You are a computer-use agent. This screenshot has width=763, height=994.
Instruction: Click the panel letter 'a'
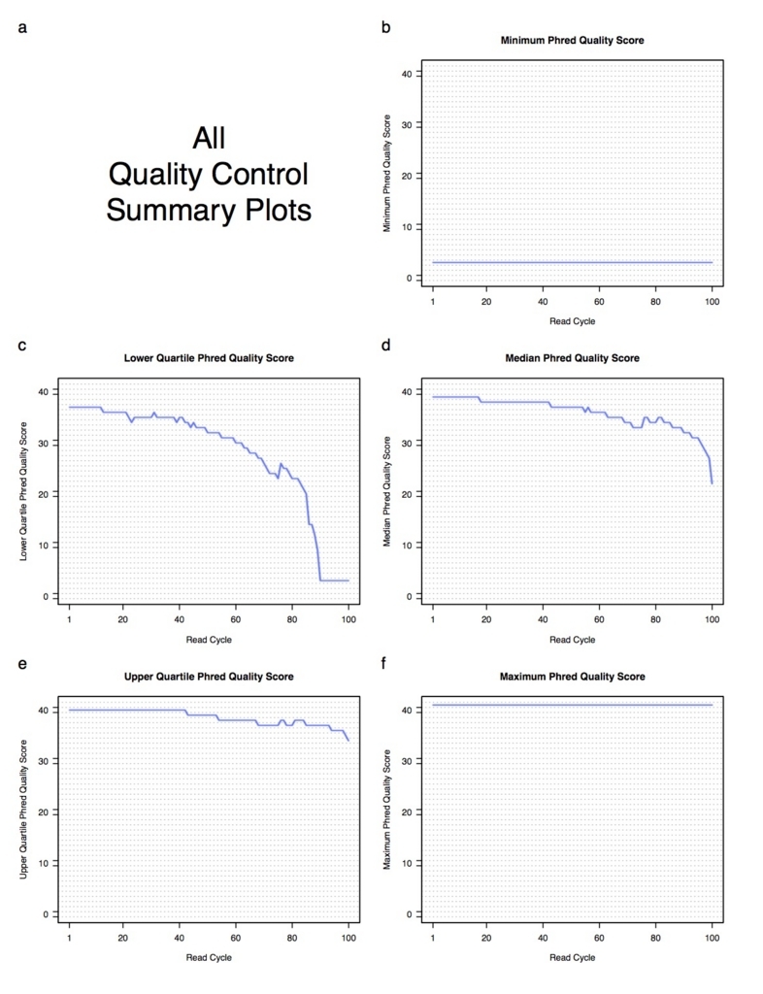[22, 27]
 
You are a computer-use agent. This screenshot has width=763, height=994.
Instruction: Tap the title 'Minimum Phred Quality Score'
[572, 41]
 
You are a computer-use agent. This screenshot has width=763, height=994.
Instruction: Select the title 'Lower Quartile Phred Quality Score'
[209, 358]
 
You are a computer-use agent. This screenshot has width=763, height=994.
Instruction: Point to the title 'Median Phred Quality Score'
[572, 358]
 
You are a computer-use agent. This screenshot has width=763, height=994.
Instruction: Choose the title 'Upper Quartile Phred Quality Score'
[209, 677]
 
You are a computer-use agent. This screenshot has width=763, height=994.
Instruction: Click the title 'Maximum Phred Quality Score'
[572, 677]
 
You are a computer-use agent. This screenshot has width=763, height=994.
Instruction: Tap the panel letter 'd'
[386, 346]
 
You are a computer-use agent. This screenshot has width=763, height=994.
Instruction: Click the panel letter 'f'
[386, 664]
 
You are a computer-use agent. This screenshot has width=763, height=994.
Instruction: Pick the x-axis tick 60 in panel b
[599, 301]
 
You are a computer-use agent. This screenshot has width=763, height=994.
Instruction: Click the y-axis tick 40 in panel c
[43, 391]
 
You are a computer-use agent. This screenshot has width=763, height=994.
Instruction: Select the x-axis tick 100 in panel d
[712, 619]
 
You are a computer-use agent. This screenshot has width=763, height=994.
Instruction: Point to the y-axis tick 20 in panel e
[43, 812]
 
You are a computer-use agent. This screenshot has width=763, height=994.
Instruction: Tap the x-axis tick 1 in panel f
[433, 938]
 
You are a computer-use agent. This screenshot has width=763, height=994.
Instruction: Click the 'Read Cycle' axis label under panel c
[209, 640]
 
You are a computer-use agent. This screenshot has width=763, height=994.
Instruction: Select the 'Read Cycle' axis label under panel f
[572, 958]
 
